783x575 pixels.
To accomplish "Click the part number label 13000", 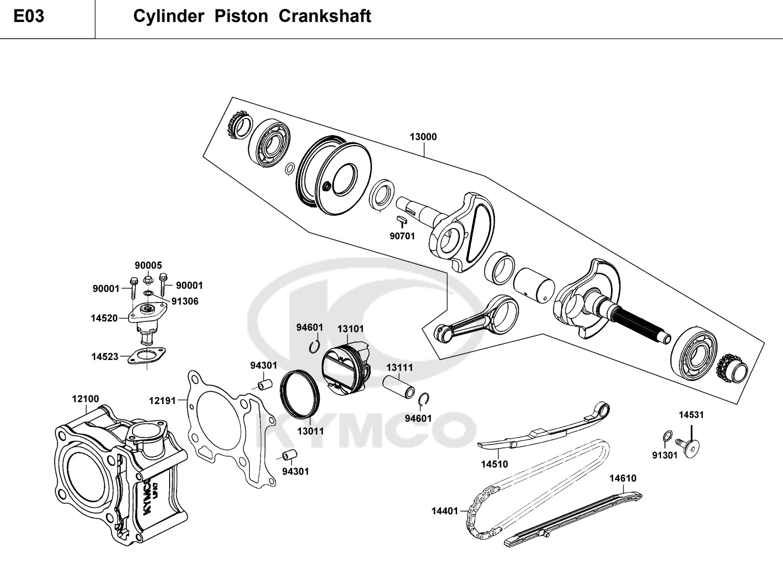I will tap(423, 137).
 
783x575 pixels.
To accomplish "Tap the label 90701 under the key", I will tap(402, 236).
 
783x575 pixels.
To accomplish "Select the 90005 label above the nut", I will tap(148, 265).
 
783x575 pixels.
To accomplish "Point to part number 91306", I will tap(185, 301).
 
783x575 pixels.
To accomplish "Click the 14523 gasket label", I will tap(105, 357).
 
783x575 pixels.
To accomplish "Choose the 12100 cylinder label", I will tap(85, 399).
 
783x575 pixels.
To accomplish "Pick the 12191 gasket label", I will tap(162, 401).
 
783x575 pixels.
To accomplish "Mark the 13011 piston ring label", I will tap(310, 431).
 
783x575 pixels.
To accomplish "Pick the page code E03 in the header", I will tap(29, 16).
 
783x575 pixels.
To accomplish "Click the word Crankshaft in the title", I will tap(325, 16).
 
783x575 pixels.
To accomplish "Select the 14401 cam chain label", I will tap(444, 511).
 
